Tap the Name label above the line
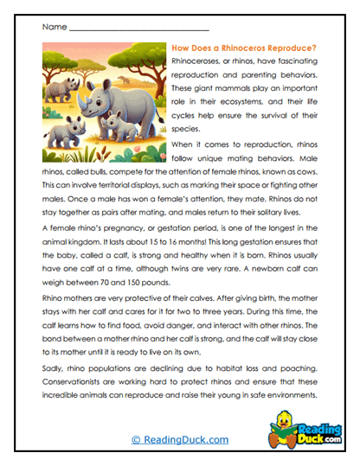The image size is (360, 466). [x=54, y=28]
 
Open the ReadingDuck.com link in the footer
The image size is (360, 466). [x=179, y=440]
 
